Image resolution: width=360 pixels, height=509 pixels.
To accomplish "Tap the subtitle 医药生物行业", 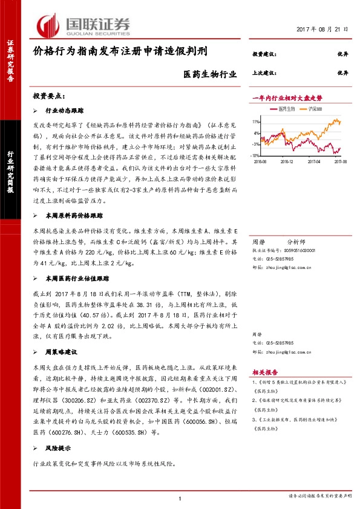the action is (x=208, y=74).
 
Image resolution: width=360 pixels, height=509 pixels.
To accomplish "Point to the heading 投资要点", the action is (x=49, y=97).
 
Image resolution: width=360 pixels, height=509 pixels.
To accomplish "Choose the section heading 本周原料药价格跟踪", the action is (x=74, y=215).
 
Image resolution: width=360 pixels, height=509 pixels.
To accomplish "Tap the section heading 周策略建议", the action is (x=61, y=352).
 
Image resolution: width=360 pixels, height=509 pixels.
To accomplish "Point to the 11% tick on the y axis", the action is (x=257, y=122).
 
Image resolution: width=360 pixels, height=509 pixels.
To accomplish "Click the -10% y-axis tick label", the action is (x=255, y=155).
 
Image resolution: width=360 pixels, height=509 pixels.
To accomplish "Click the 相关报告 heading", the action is (x=264, y=372).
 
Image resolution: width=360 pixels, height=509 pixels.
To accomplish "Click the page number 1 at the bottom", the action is (x=180, y=498).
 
